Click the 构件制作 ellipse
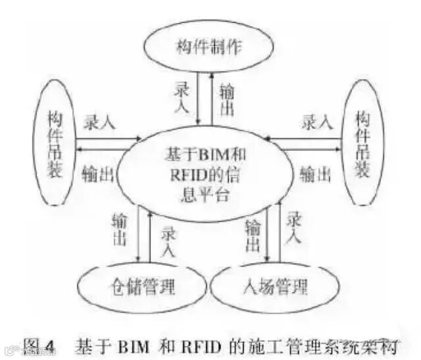pos(210,48)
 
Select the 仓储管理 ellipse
pos(136,287)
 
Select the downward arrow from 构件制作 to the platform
pos(199,99)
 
